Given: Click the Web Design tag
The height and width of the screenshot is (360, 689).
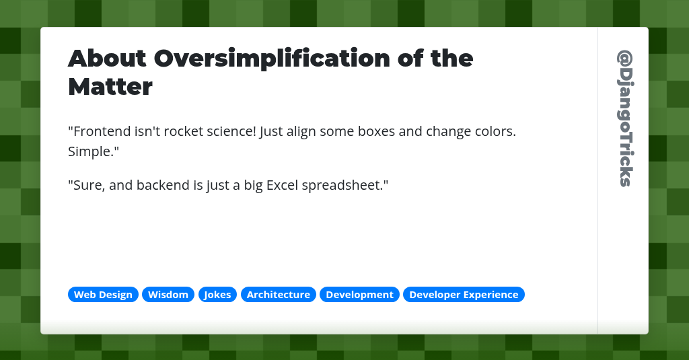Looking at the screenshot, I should [103, 295].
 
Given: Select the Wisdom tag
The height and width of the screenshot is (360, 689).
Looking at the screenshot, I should [168, 295].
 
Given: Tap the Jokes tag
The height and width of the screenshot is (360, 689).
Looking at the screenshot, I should [217, 295].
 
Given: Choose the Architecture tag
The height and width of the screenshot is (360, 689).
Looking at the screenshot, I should [278, 295].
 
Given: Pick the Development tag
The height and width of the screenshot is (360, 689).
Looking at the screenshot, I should [359, 295].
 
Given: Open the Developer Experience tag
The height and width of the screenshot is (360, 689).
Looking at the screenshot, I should [464, 295].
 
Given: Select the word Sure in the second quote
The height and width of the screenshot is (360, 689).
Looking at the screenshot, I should [87, 184].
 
